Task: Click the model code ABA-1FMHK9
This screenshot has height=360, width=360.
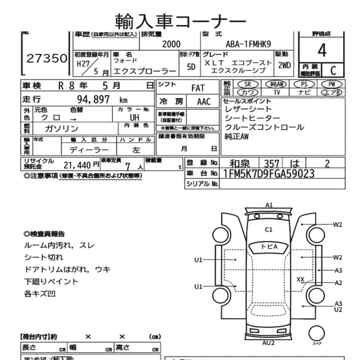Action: tap(248, 44)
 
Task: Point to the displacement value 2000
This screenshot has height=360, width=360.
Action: tap(171, 44)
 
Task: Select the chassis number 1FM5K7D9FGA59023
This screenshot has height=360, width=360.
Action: tap(269, 174)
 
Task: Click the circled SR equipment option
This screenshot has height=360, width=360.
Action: tap(247, 84)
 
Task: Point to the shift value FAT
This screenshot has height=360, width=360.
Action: tap(198, 88)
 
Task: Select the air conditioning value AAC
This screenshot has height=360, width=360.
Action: tap(203, 101)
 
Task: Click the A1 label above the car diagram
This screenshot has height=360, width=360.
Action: tap(269, 205)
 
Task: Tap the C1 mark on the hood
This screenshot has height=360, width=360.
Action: tap(269, 229)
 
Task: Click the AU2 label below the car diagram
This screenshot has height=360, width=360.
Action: tap(268, 342)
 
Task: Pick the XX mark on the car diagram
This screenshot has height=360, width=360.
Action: tap(301, 279)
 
